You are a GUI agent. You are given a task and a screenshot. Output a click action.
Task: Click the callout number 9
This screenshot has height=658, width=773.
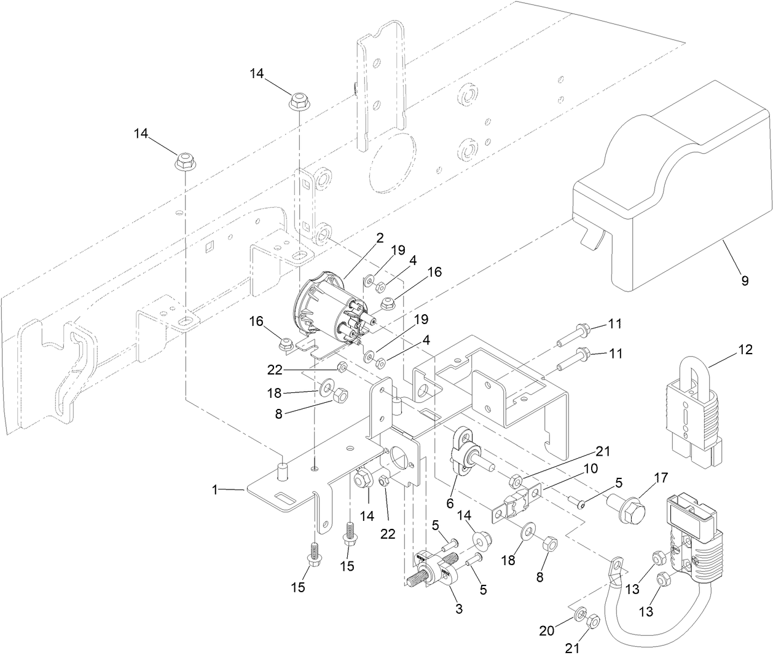[744, 281]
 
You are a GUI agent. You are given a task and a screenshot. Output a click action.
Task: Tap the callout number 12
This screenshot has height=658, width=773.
[745, 349]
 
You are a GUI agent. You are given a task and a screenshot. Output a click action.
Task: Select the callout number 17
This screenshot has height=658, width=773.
[643, 476]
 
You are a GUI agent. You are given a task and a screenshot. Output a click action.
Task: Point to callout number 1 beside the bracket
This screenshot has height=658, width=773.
[215, 490]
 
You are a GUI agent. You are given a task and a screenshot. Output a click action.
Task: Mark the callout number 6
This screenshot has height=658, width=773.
[450, 503]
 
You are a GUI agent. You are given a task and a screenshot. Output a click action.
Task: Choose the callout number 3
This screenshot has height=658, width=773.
[458, 609]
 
